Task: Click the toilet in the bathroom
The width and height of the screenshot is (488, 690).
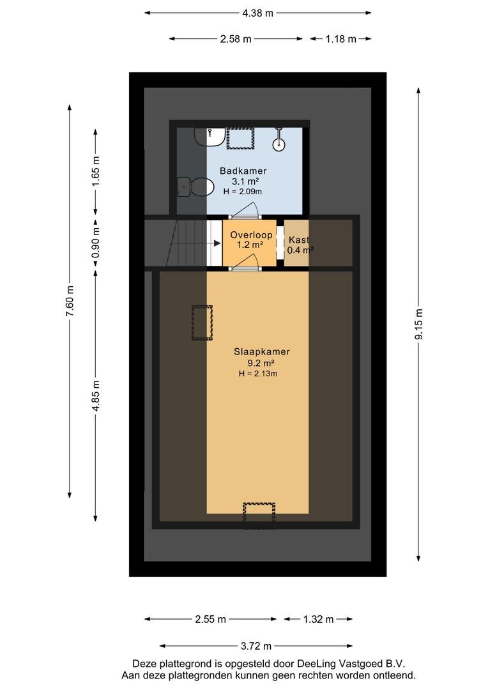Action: tap(193, 188)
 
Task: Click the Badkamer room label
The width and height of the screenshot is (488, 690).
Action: tap(243, 171)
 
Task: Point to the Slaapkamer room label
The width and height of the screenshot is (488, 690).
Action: tap(262, 351)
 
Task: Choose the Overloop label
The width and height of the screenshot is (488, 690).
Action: tap(251, 235)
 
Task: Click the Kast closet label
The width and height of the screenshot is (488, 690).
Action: tap(299, 240)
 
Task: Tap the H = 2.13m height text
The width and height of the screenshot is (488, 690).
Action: tap(258, 374)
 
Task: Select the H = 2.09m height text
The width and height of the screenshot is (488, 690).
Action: tap(243, 192)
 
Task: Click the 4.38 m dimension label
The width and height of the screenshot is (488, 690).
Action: tap(258, 13)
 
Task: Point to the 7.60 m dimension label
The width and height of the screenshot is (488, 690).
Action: tap(70, 301)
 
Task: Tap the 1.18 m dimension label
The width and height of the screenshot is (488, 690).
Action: tap(340, 39)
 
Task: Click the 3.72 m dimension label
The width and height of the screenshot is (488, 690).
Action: tap(256, 646)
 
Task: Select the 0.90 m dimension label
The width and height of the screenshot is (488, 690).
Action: tap(95, 243)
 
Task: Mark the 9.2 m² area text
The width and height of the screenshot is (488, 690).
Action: tap(261, 364)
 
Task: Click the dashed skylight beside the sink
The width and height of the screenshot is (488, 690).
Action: tap(241, 138)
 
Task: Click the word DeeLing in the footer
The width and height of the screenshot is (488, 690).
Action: tap(315, 664)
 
